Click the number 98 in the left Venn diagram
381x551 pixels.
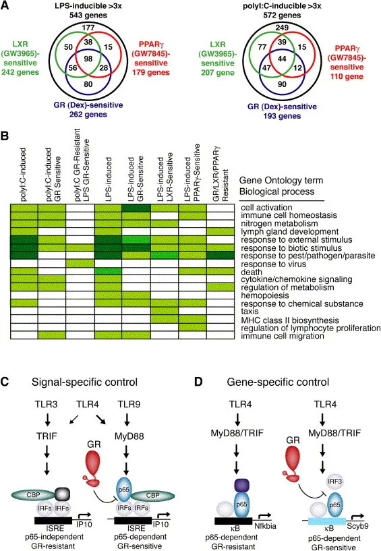tap(88, 58)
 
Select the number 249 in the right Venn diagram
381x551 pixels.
tap(282, 28)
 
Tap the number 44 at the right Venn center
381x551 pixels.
tap(282, 59)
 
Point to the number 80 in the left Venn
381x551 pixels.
tap(88, 84)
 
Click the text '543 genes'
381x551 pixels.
tap(88, 15)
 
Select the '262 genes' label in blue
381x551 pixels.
tap(88, 114)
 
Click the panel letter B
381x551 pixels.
tap(5, 136)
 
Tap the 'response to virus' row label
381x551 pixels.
tap(274, 264)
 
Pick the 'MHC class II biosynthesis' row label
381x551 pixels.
tap(290, 320)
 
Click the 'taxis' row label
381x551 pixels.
tap(250, 312)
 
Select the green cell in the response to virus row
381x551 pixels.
tap(80, 264)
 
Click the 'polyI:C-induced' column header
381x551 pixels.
tap(24, 175)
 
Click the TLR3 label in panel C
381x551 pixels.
tap(46, 405)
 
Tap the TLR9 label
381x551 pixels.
tap(129, 405)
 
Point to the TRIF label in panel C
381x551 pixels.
tap(47, 436)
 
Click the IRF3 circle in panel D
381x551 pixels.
tap(334, 481)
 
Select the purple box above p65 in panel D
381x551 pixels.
tap(241, 486)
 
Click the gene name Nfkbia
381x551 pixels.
tap(265, 525)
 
